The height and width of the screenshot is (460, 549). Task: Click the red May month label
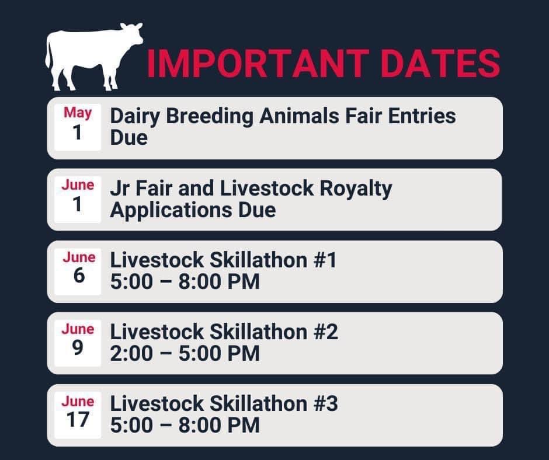click(78, 113)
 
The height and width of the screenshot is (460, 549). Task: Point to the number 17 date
click(78, 420)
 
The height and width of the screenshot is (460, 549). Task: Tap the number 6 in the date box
click(78, 276)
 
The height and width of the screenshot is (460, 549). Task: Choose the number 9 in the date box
click(78, 348)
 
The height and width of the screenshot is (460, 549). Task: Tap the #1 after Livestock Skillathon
click(324, 260)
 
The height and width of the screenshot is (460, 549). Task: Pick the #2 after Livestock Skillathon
click(325, 332)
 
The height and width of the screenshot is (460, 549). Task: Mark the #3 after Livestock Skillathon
click(325, 404)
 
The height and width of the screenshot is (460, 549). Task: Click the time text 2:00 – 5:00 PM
click(185, 354)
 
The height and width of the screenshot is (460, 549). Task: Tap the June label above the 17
click(78, 402)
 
